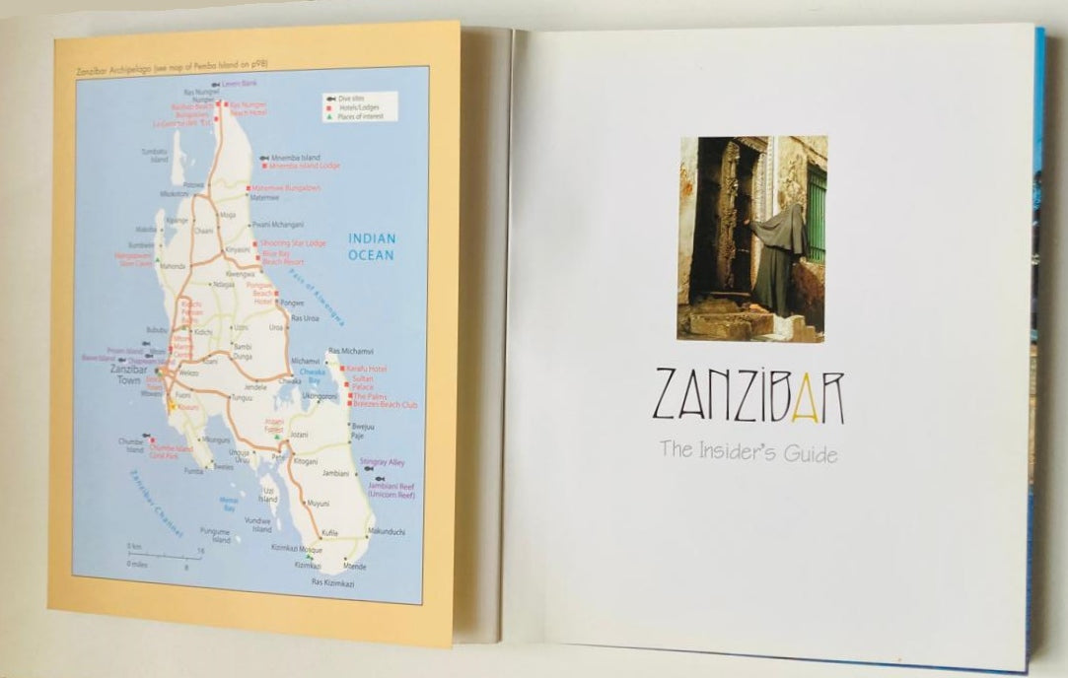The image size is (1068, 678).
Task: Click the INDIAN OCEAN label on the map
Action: [371, 246]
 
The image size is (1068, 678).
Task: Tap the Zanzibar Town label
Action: [129, 374]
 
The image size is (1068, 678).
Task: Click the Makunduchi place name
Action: [386, 531]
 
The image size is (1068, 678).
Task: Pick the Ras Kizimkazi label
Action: [332, 582]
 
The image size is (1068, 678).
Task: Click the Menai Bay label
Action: [228, 504]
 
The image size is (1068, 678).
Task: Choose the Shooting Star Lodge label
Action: [293, 242]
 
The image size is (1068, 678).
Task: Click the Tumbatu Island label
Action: [154, 155]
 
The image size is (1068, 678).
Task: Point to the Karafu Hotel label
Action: [367, 369]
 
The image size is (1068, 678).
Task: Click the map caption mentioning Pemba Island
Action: [173, 65]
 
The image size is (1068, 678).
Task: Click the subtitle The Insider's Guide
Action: [748, 452]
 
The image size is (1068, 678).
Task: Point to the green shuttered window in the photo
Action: [817, 215]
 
